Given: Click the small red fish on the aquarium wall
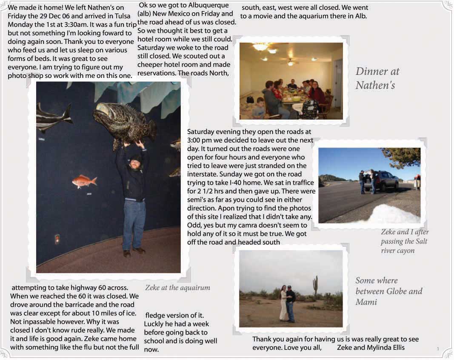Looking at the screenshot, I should tap(84, 181).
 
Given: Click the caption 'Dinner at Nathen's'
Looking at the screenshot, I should tap(377, 78).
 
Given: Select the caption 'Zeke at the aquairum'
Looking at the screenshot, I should tap(177, 288).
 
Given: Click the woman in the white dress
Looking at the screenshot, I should tap(283, 303).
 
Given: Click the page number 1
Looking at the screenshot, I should tap(437, 349).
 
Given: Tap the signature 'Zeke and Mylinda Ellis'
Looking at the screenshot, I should tap(371, 348).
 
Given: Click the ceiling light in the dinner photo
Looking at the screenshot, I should tap(260, 46).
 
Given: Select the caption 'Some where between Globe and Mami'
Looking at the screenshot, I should tap(388, 291).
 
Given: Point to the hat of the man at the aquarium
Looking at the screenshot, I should tap(136, 157).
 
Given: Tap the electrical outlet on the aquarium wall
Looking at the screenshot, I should tap(57, 239).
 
